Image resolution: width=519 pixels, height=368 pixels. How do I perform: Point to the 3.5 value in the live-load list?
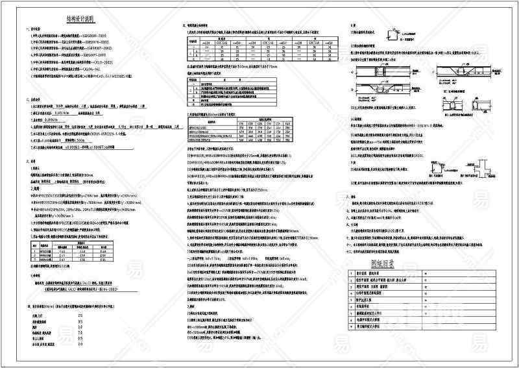click(x=80, y=321)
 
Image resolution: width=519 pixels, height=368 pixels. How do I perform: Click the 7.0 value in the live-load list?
click(x=80, y=333)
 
